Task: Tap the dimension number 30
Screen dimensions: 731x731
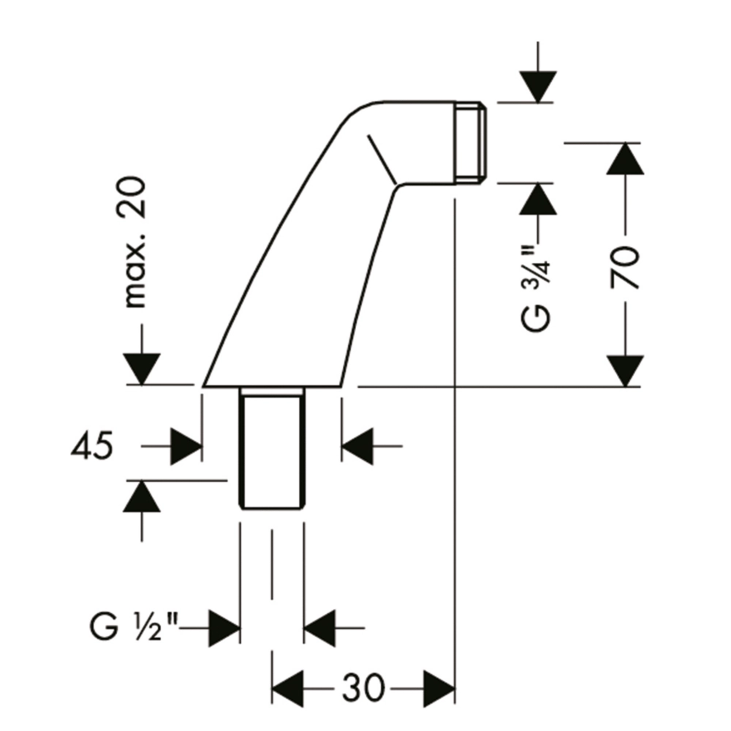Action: (x=364, y=688)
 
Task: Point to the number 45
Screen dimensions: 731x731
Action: (x=93, y=447)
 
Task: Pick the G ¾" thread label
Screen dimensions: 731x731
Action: (x=539, y=285)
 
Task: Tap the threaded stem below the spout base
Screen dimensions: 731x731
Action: (x=271, y=449)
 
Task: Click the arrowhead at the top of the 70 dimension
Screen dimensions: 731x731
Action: (x=625, y=159)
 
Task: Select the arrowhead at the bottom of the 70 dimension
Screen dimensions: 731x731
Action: (x=625, y=370)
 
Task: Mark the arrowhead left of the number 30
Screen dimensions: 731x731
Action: (x=287, y=688)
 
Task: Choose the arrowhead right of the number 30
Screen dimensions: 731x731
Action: (x=439, y=688)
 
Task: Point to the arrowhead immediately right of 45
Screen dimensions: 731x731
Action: (x=186, y=446)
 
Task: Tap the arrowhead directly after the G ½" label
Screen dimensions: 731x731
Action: (x=224, y=627)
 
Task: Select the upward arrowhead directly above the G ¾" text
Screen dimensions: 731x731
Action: (x=538, y=199)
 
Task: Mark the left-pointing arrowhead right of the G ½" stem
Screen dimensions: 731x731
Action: (x=319, y=627)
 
